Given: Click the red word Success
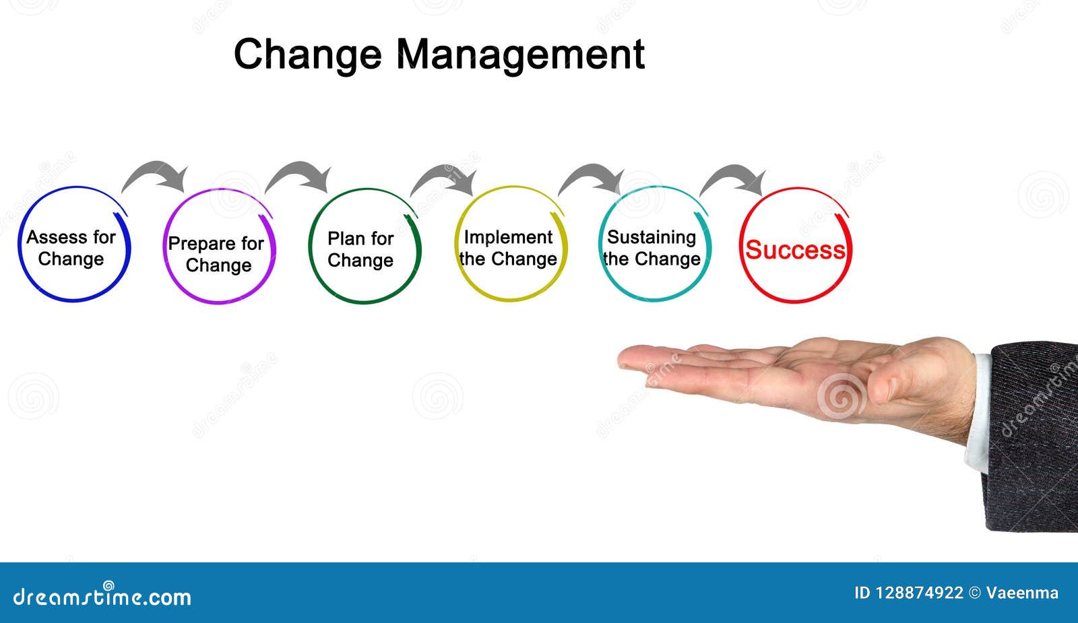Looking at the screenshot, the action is (795, 250).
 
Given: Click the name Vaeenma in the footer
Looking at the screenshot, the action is (1022, 593).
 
